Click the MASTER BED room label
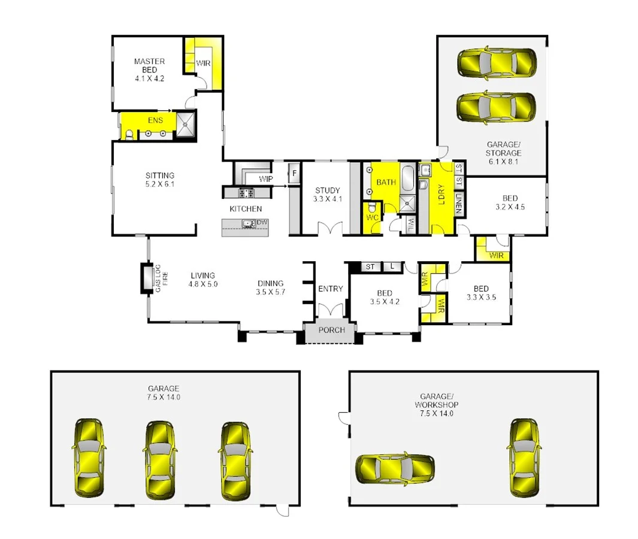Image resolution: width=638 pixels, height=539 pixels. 149,69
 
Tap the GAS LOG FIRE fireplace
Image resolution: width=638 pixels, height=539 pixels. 146,278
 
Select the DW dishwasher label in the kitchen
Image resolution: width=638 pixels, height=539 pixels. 262,223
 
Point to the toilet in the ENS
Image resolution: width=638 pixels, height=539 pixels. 128,134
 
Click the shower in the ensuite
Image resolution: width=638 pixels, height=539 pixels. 185,126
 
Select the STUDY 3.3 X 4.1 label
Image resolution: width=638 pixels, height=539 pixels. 327,195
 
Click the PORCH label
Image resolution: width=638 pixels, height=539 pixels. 331,331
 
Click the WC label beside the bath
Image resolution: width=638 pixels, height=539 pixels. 371,217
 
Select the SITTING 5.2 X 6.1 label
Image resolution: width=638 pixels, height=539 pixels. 160,180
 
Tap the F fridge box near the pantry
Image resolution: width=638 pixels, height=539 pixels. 294,174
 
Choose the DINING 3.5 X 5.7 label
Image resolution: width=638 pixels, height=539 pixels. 271,287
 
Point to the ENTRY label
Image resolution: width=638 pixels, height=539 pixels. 330,289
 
